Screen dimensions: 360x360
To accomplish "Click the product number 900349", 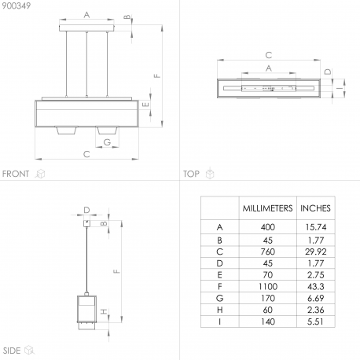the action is pyautogui.click(x=17, y=6).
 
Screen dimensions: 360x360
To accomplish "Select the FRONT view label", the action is pyautogui.click(x=16, y=174).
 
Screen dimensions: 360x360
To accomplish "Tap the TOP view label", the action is pyautogui.click(x=191, y=174).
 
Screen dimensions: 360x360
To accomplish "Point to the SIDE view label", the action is pyautogui.click(x=12, y=351).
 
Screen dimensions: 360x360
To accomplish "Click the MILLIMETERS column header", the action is pyautogui.click(x=267, y=208).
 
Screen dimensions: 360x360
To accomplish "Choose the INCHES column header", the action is pyautogui.click(x=315, y=208).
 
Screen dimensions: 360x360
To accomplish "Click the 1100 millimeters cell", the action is pyautogui.click(x=268, y=286).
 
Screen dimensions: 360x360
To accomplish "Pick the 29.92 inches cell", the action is pyautogui.click(x=316, y=252).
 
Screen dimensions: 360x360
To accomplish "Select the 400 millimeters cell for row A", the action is pyautogui.click(x=268, y=227).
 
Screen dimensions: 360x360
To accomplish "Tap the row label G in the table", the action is pyautogui.click(x=219, y=298).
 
